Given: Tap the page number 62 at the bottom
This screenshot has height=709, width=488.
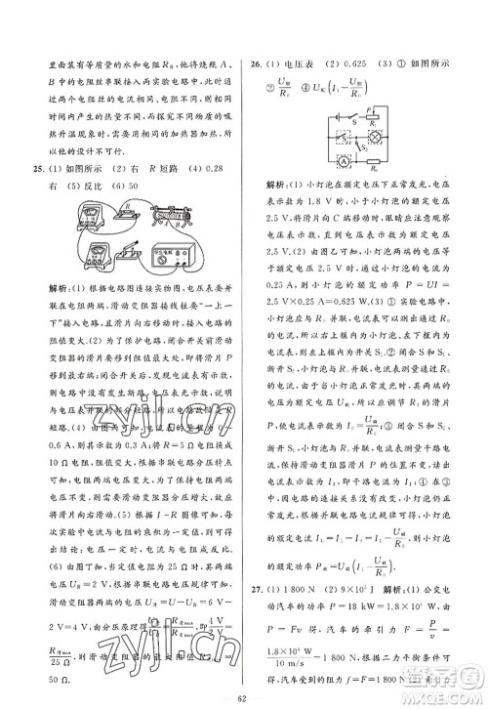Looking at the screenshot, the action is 243,698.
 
